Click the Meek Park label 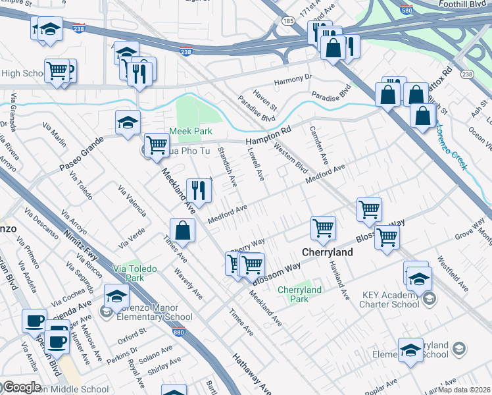click(188, 131)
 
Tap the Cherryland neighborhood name click(328, 252)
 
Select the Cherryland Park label click(299, 294)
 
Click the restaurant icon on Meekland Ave click(197, 190)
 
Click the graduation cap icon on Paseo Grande click(128, 121)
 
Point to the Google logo click(22, 388)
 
